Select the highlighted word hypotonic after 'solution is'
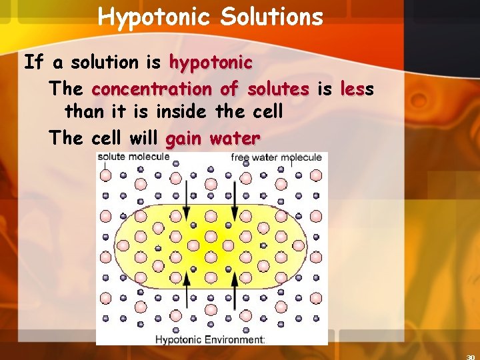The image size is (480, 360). click(211, 63)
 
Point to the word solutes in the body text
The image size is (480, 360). click(277, 89)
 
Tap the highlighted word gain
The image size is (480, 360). click(184, 139)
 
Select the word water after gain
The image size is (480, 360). click(234, 139)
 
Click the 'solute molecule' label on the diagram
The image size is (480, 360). click(133, 157)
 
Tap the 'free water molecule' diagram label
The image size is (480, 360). click(276, 157)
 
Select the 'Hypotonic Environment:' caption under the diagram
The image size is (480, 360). click(210, 339)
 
